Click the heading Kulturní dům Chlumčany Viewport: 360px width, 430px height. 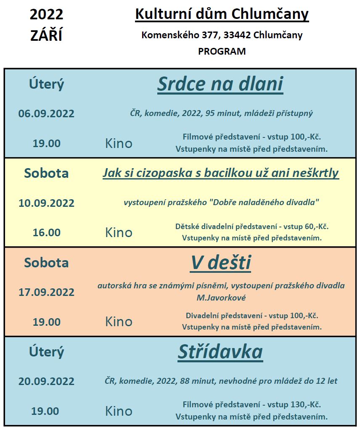[222, 15]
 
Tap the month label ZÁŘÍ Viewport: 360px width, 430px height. [46, 36]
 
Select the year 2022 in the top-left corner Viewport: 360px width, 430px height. [46, 15]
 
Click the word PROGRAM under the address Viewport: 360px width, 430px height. [222, 52]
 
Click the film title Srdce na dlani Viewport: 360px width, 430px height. [220, 84]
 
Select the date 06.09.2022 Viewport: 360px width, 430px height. [46, 113]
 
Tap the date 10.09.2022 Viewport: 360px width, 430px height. [46, 203]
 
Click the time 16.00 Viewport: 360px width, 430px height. [46, 232]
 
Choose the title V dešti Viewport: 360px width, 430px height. [221, 263]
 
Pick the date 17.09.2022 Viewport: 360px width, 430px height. [46, 292]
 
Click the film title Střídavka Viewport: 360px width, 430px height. [220, 352]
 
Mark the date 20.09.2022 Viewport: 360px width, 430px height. [46, 381]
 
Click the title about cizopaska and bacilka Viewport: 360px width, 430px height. [221, 173]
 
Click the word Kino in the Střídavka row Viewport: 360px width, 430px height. [119, 411]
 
